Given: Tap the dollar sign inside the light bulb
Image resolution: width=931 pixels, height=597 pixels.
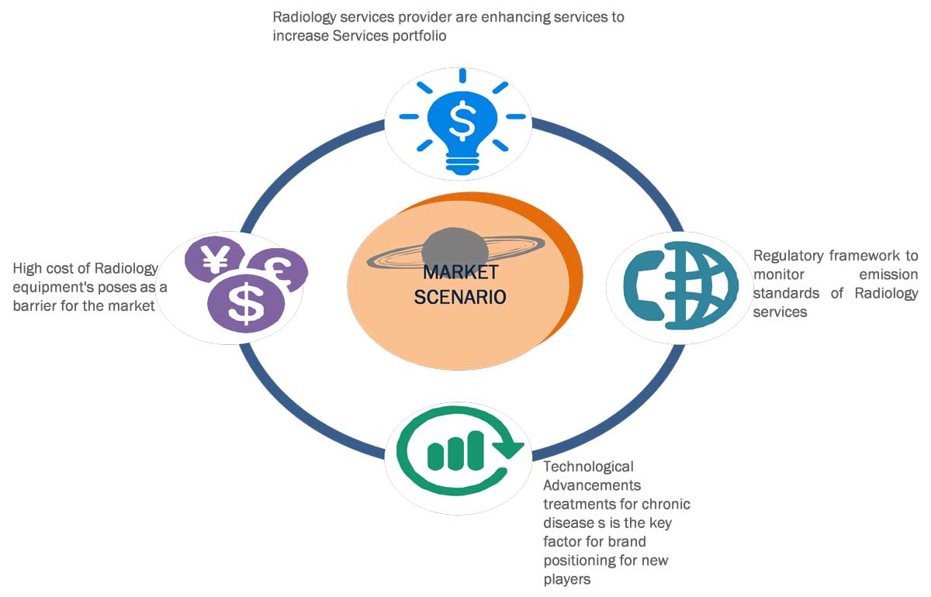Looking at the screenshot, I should coord(463,119).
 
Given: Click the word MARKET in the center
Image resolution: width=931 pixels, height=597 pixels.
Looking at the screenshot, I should coord(460,274).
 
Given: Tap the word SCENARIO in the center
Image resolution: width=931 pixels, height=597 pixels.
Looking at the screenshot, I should coord(460,296).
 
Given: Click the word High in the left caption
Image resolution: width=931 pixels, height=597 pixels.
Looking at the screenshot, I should coord(28,268).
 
